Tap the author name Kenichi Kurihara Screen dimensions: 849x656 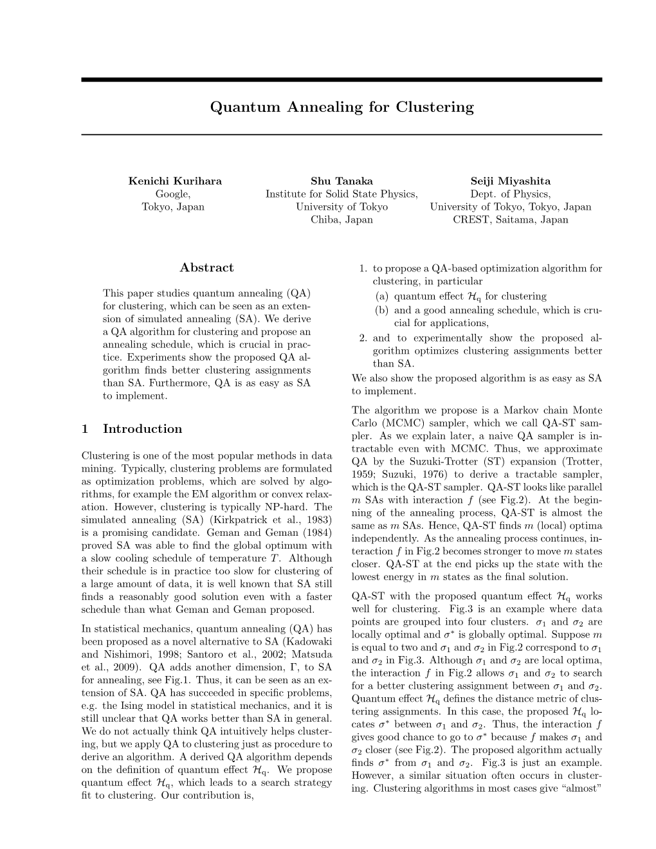click(175, 181)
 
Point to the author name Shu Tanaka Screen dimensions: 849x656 click(342, 181)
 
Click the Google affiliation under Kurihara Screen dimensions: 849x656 click(173, 194)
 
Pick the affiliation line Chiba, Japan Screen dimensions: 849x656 click(342, 219)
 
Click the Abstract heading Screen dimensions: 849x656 click(206, 268)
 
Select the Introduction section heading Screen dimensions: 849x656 click(142, 429)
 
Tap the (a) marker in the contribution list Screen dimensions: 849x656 click(382, 297)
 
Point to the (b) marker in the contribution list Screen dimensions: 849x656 click(382, 310)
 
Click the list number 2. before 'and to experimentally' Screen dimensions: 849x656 click(363, 338)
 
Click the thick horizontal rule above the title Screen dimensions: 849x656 click(342, 80)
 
